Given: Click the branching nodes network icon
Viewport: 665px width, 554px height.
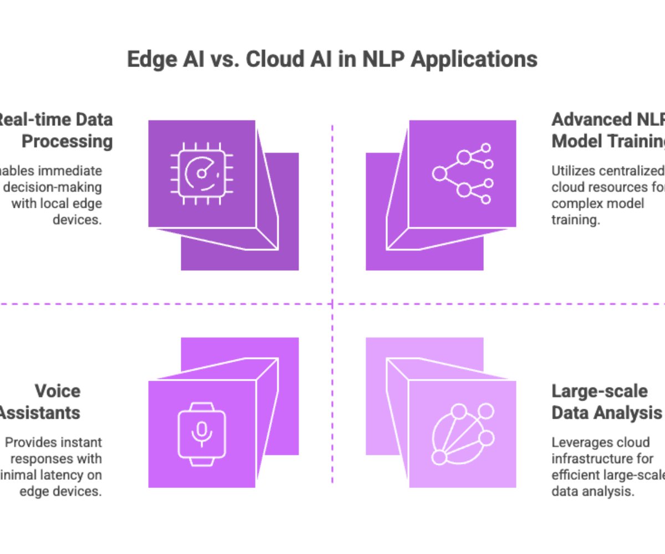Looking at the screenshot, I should (x=463, y=173).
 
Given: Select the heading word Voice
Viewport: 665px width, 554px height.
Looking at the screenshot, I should (x=58, y=391).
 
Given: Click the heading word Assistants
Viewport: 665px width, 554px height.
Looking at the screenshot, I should (x=40, y=413).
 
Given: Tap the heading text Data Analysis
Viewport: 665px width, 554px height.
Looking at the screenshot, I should (x=606, y=413).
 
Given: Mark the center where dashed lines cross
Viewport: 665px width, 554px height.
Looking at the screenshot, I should (x=332, y=304).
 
